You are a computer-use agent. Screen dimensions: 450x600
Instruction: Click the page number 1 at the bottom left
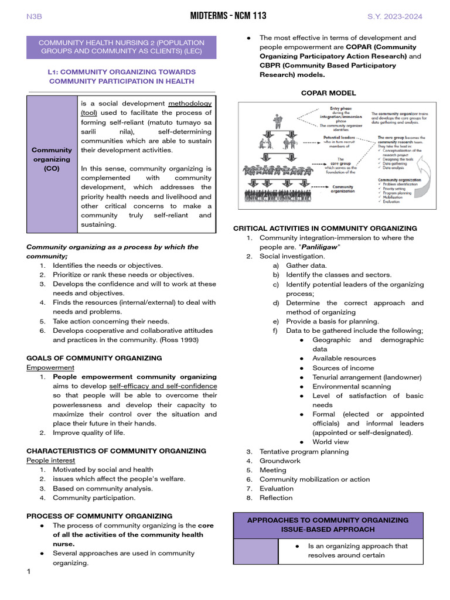[28, 571]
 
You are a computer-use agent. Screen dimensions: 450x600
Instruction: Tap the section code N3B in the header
[35, 16]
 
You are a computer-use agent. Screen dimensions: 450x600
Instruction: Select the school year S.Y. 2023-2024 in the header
[394, 16]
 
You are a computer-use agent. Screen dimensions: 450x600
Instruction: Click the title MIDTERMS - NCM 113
[224, 16]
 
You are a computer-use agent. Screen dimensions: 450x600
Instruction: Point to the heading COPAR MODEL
[328, 93]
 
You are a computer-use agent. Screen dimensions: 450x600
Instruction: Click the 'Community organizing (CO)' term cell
[52, 159]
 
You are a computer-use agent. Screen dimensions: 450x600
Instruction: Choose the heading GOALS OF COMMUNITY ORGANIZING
[94, 358]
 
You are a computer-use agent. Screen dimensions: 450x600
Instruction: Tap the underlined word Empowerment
[50, 367]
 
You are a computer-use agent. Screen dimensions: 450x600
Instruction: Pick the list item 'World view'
[330, 442]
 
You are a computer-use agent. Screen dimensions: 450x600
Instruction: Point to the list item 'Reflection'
[276, 498]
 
